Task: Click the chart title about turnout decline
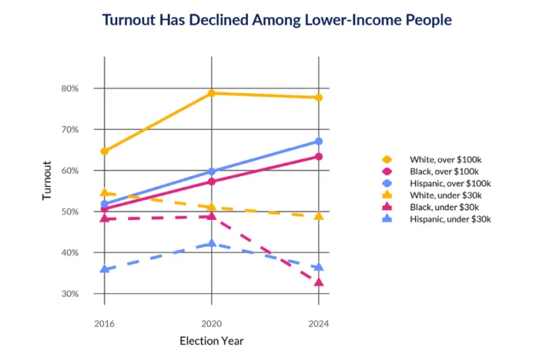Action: (276, 20)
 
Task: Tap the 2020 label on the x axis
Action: (212, 323)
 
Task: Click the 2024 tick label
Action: (318, 323)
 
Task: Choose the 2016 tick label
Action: (104, 323)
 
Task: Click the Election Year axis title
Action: (211, 342)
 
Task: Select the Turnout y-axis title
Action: (47, 180)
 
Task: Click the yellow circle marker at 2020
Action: (212, 93)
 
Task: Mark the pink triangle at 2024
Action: (318, 282)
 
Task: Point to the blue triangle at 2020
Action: (212, 243)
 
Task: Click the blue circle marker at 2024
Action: (318, 141)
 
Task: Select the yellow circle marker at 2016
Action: (104, 151)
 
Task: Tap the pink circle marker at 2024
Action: (318, 156)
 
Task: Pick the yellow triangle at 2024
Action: (318, 215)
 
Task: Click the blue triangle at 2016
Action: (104, 269)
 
